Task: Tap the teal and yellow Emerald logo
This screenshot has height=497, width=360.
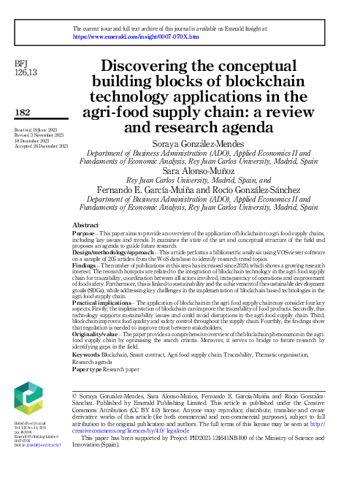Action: [x=28, y=398]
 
